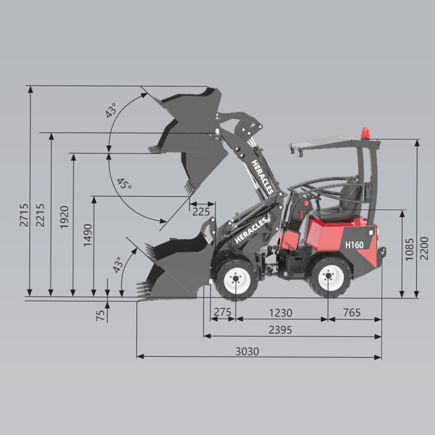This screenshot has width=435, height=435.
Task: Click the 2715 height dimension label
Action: coord(24,215)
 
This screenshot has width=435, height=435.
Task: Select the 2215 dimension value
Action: coord(40,215)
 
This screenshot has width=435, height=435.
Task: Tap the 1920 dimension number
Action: coord(64,217)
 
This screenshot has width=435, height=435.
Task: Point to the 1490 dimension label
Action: coord(88,235)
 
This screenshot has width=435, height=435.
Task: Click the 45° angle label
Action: coord(124,184)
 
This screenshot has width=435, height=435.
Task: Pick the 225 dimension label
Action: coord(201,212)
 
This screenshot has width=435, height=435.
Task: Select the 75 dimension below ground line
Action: coord(100,315)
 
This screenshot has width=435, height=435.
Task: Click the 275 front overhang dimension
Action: coord(222,312)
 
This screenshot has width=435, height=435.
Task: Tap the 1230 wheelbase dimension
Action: coord(281,313)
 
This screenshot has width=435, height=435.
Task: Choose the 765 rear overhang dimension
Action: coord(352,313)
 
